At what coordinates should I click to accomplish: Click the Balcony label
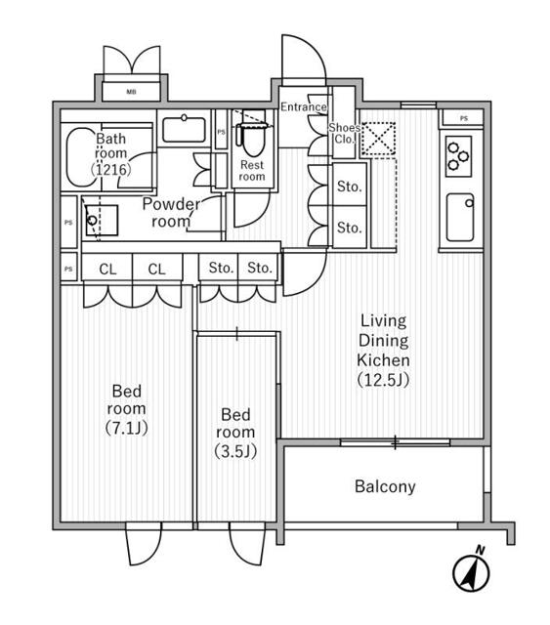385,486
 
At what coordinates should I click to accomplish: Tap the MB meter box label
131,92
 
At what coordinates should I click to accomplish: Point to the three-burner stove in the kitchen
459,156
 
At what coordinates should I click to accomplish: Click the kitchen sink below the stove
460,218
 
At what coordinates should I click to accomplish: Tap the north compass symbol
472,570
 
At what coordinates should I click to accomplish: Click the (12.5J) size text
383,380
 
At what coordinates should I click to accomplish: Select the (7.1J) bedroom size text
126,428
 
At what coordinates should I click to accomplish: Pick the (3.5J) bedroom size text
235,451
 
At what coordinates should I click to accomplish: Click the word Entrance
304,106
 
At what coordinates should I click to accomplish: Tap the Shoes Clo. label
344,134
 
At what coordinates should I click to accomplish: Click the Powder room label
171,213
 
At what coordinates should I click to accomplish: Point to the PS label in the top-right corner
463,118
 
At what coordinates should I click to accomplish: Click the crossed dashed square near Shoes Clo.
378,139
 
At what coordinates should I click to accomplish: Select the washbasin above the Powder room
184,128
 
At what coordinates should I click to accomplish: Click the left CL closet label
107,270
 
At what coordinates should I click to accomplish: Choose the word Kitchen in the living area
383,360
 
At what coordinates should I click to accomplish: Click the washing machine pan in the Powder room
103,220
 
